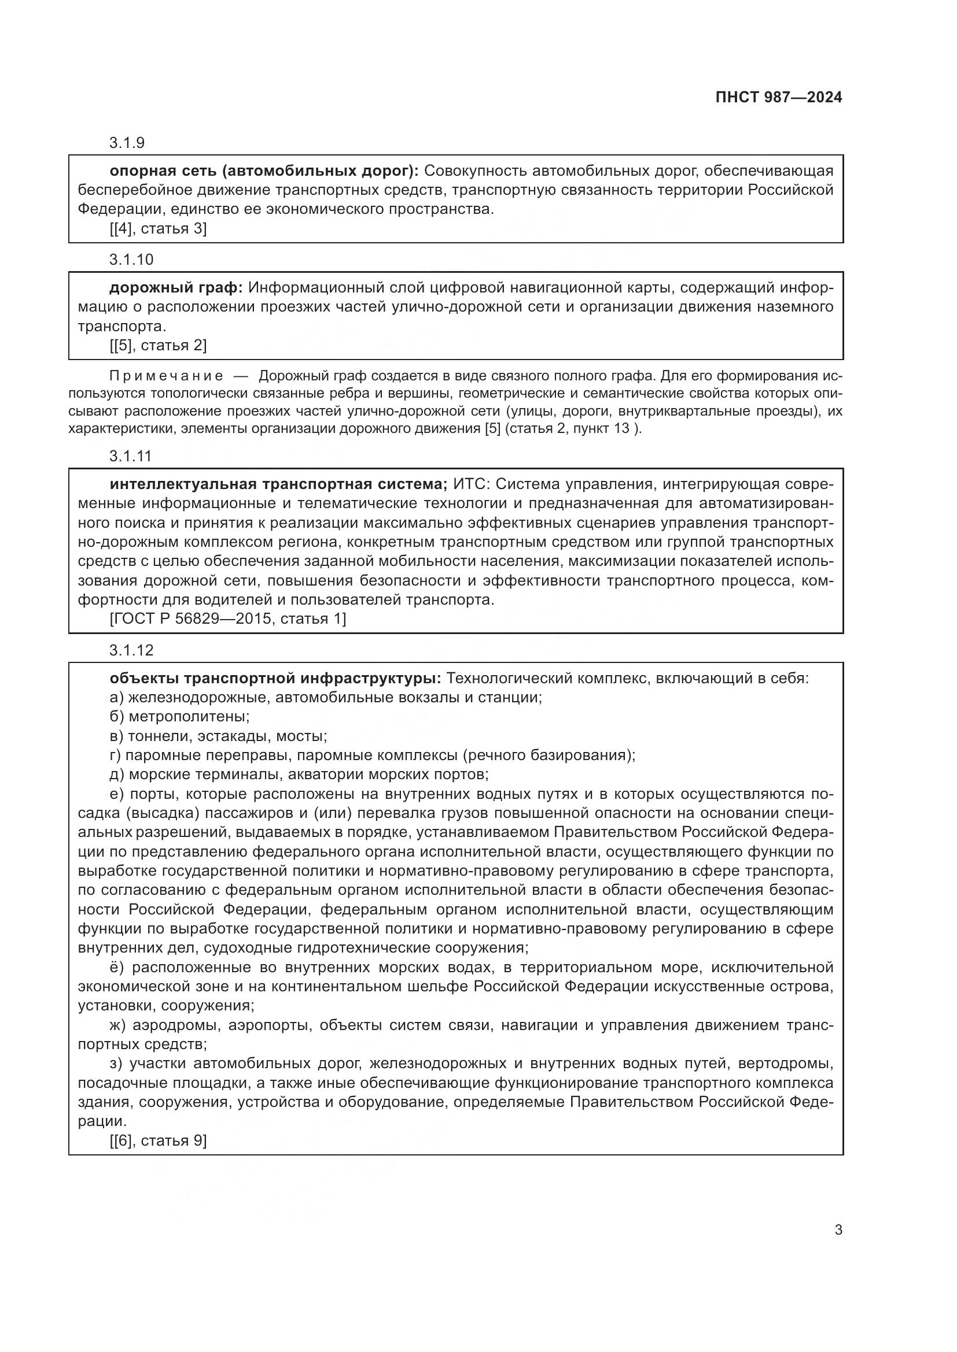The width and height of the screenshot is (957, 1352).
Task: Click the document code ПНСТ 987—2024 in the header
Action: (x=778, y=97)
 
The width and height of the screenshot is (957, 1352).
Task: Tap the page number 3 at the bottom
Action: (x=838, y=1229)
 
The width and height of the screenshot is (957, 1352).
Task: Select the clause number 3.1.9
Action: (x=127, y=143)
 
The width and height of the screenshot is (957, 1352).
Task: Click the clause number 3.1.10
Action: (x=131, y=259)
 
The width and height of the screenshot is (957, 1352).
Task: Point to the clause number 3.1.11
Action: (x=131, y=455)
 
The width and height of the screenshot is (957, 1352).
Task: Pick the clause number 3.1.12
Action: (x=131, y=650)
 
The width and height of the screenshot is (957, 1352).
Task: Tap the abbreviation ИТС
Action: (x=471, y=484)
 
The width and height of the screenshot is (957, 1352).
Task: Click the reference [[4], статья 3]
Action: (x=158, y=228)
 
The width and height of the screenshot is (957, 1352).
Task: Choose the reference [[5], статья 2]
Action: (x=158, y=345)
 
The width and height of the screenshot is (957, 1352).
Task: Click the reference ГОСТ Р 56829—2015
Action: (x=194, y=618)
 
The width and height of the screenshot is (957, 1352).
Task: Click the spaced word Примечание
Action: (x=167, y=376)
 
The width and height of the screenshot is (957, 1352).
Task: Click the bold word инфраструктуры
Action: (x=371, y=679)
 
